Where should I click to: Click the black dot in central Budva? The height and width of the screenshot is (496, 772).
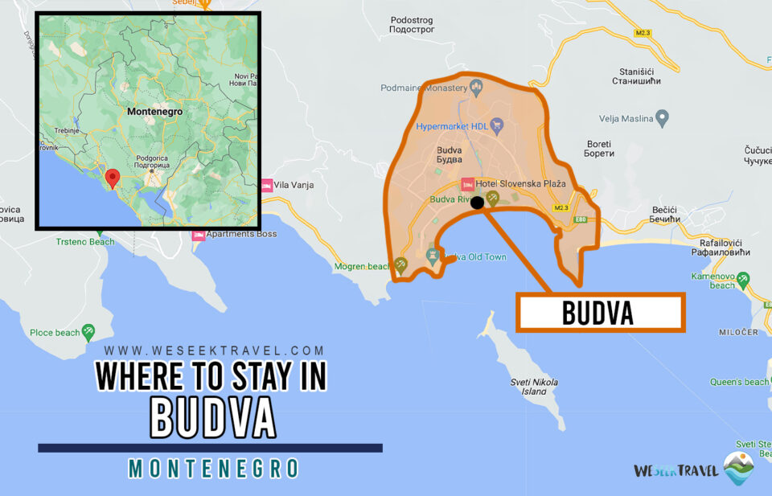(477, 203)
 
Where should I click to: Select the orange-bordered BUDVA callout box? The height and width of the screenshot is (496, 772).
(599, 313)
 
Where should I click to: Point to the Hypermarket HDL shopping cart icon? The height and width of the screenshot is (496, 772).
(497, 125)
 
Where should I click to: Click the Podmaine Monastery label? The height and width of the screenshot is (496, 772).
(423, 88)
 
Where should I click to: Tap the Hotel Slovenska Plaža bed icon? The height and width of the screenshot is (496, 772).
(466, 184)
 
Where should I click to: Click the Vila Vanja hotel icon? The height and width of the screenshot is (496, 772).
(266, 185)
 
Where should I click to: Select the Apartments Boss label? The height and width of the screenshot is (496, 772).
(241, 234)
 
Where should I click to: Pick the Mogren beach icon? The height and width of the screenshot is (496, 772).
(400, 264)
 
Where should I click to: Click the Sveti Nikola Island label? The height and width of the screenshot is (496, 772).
(534, 387)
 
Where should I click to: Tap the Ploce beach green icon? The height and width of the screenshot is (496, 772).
(88, 330)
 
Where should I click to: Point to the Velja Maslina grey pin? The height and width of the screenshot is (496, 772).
(663, 119)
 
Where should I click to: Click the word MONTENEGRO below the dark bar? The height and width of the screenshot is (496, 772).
(213, 469)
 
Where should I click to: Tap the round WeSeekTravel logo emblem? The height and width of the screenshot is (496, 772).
(739, 469)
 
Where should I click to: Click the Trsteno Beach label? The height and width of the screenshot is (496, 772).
(85, 241)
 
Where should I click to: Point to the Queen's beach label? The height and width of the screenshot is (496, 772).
(738, 382)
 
